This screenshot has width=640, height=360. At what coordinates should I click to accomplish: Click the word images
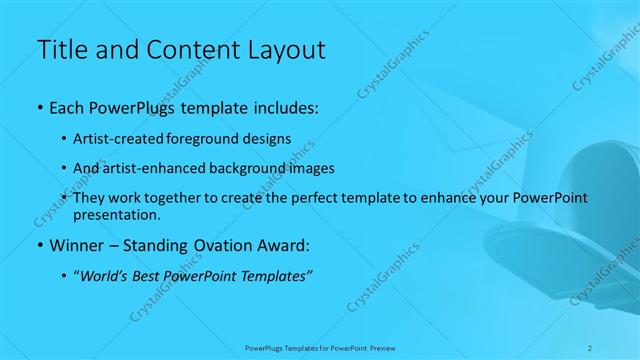click(305, 168)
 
